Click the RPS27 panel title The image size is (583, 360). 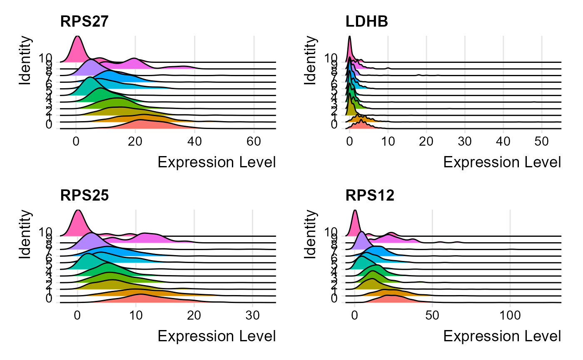click(85, 22)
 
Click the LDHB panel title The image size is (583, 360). click(367, 22)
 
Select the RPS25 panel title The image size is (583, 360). click(85, 195)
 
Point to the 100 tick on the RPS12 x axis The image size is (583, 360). click(510, 315)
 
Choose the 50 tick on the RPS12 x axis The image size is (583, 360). click(432, 315)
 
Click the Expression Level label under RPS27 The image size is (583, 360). click(217, 162)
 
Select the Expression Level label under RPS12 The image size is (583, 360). click(502, 336)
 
